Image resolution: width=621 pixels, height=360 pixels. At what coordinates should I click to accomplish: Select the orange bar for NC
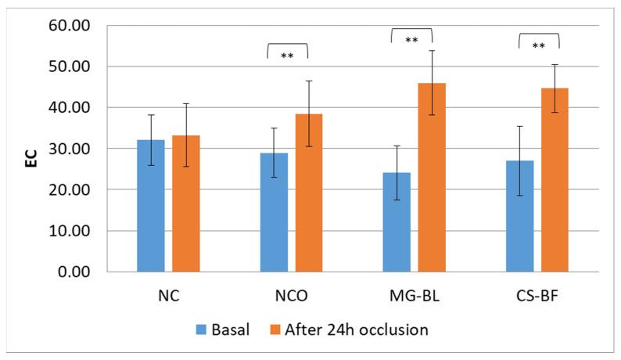(186, 203)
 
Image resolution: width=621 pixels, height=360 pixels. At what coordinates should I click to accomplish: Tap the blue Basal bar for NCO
(274, 212)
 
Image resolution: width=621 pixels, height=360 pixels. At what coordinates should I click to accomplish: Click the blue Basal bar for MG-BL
(397, 222)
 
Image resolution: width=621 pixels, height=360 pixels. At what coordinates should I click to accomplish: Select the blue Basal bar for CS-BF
(519, 216)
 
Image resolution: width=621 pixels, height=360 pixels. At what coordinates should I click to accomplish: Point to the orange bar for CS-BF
(555, 180)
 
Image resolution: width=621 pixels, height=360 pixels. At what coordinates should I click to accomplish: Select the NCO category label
(291, 298)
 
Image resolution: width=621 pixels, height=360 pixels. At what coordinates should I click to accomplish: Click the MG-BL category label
(414, 298)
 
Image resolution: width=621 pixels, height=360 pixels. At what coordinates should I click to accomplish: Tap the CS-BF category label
(537, 298)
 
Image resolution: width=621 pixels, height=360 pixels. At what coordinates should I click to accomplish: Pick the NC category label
(168, 298)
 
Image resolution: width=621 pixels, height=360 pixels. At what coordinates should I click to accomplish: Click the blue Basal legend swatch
(202, 330)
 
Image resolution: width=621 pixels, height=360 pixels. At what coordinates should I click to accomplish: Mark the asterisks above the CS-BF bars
(539, 46)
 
